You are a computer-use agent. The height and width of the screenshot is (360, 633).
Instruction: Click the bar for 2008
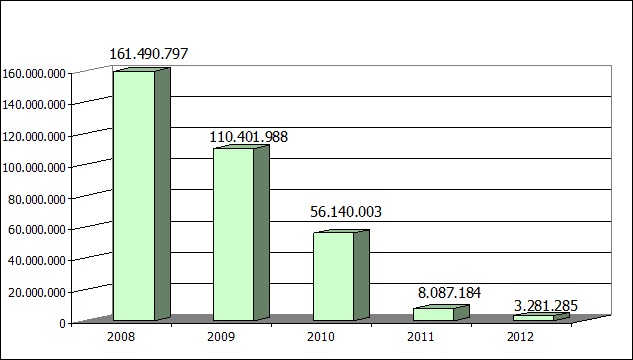click(134, 195)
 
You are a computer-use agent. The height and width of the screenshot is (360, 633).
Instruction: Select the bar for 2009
click(233, 234)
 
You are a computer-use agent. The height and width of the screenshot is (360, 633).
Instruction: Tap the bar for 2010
click(333, 276)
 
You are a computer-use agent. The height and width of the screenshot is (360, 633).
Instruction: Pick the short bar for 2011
click(433, 314)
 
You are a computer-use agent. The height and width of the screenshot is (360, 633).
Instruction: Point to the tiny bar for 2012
click(533, 318)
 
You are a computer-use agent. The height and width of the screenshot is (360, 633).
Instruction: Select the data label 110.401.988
click(248, 136)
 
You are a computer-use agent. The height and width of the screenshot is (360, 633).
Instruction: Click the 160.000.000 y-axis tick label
click(36, 73)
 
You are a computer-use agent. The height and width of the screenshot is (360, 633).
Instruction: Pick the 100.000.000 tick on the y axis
click(36, 167)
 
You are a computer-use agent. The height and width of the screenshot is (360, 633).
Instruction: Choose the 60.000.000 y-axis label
click(38, 229)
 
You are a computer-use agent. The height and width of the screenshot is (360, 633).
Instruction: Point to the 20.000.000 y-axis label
click(38, 291)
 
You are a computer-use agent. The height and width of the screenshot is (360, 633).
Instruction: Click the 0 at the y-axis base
click(63, 322)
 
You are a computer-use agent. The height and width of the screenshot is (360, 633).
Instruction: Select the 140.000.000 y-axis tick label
click(36, 104)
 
